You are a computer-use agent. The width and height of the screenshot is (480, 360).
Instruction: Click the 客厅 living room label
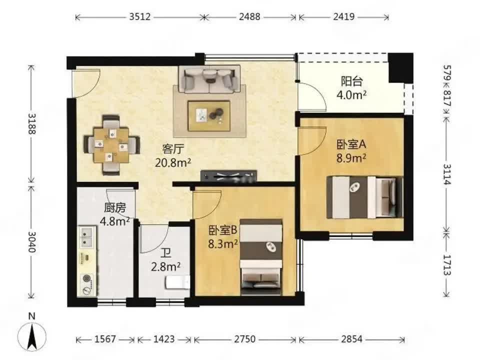click(x=173, y=149)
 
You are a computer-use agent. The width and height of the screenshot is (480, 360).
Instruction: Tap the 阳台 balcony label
click(x=351, y=81)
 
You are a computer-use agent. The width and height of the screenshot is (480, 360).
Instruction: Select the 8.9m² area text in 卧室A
click(x=351, y=158)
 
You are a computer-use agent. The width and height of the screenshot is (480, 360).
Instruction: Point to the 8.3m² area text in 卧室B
click(x=223, y=244)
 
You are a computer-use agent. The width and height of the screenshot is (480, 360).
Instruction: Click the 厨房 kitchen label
click(x=115, y=208)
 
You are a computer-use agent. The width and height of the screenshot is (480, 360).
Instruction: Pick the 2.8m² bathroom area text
click(x=165, y=266)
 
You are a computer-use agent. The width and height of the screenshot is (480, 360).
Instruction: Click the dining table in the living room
click(x=111, y=145)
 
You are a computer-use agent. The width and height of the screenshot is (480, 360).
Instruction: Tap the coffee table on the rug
click(x=209, y=116)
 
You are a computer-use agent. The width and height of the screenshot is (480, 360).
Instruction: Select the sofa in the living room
click(x=210, y=78)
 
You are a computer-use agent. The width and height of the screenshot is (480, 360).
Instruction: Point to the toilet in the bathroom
click(x=178, y=282)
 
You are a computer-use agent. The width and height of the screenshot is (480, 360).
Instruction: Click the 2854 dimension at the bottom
click(x=351, y=339)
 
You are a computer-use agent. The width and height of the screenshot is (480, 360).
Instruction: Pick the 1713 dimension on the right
click(x=447, y=265)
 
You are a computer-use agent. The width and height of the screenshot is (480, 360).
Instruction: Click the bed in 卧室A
click(x=365, y=197)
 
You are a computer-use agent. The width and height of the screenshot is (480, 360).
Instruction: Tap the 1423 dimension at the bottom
click(x=164, y=339)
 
